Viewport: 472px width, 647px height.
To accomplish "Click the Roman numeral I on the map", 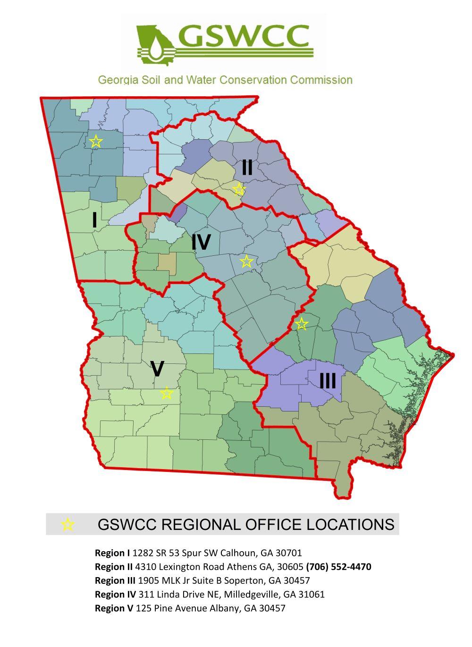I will (x=95, y=220).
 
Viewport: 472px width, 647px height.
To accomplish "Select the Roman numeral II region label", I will (x=247, y=168).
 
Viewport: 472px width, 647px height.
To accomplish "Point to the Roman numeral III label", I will (x=328, y=380).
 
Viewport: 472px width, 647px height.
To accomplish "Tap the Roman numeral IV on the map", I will (x=201, y=242).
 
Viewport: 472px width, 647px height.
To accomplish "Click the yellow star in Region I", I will (x=96, y=141).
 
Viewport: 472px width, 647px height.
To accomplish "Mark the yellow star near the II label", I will (x=239, y=189).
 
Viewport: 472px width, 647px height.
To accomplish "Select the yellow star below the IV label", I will (x=246, y=261).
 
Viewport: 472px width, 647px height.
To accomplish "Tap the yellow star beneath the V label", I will (x=166, y=393).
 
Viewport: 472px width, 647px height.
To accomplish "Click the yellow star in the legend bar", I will (x=68, y=524).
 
